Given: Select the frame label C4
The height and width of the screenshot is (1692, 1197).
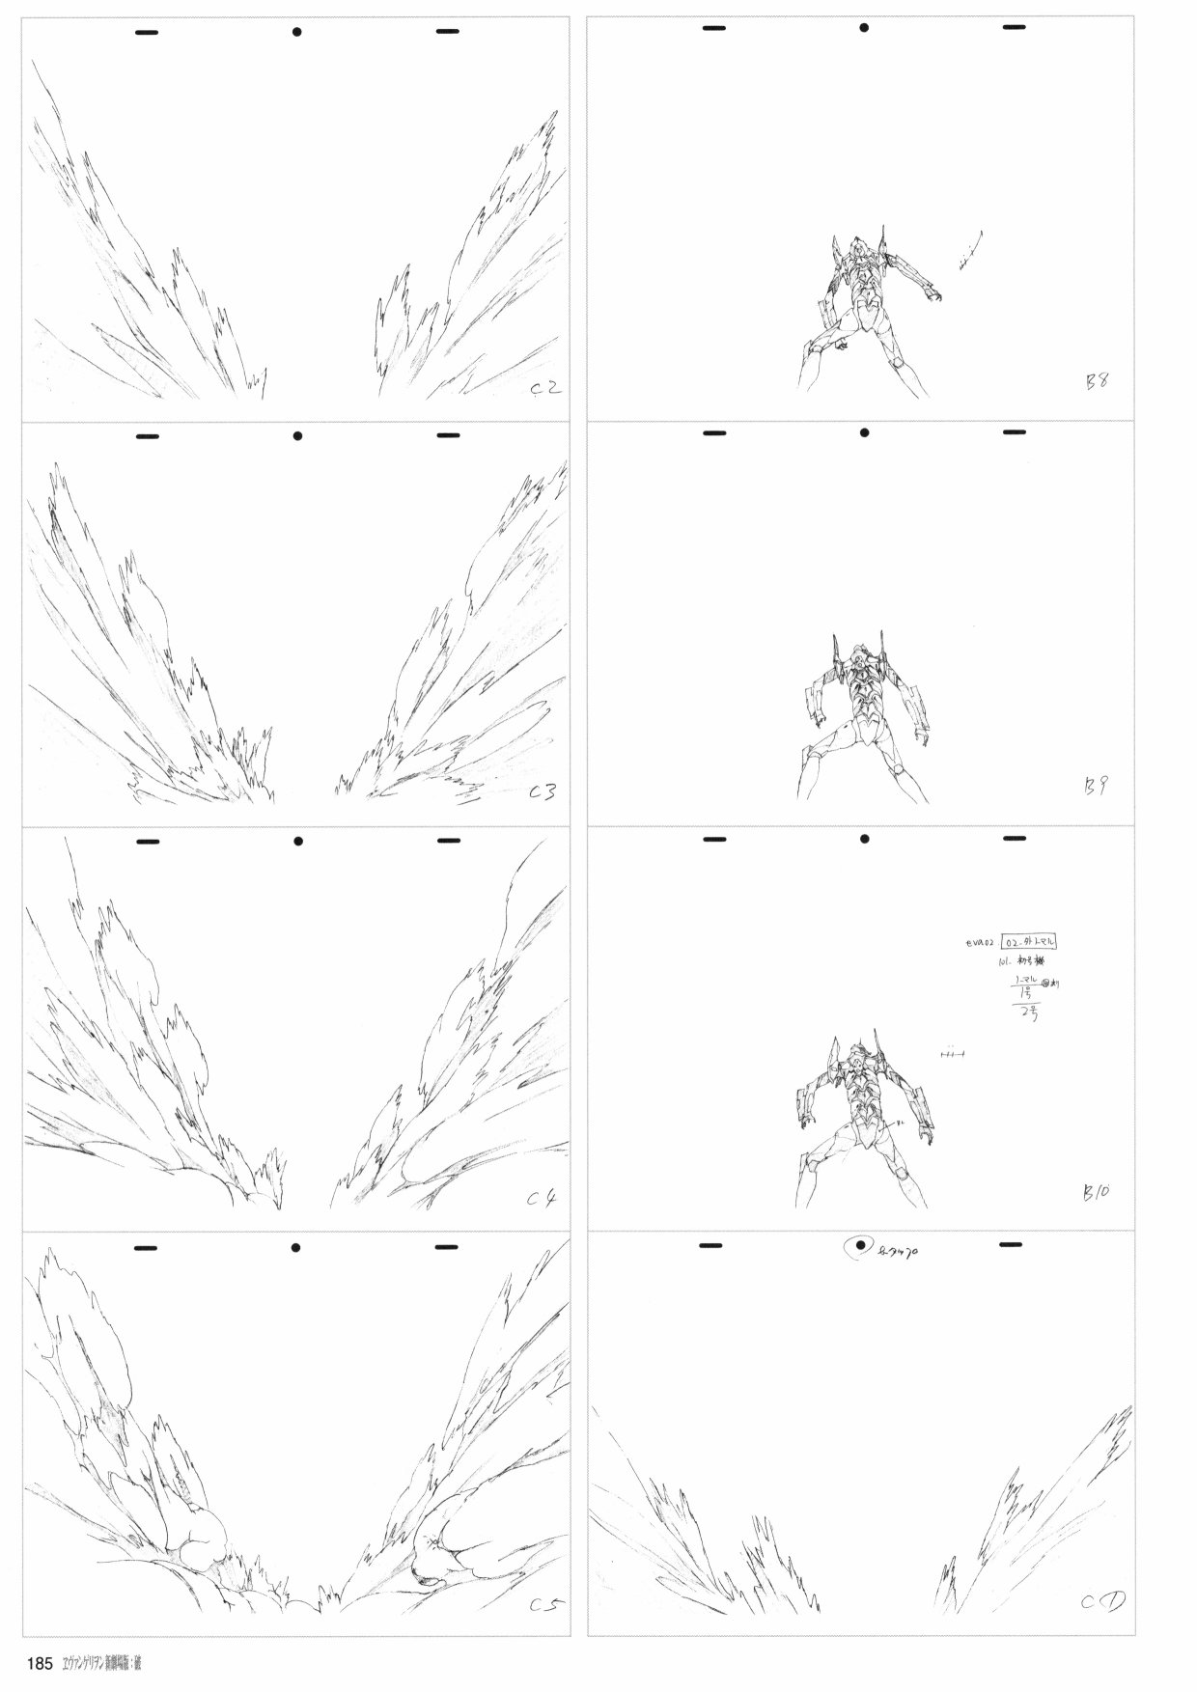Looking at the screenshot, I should pyautogui.click(x=542, y=1200).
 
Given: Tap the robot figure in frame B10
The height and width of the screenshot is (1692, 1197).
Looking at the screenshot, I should pyautogui.click(x=859, y=1120).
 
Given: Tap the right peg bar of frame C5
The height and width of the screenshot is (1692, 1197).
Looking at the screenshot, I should pyautogui.click(x=446, y=1247).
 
